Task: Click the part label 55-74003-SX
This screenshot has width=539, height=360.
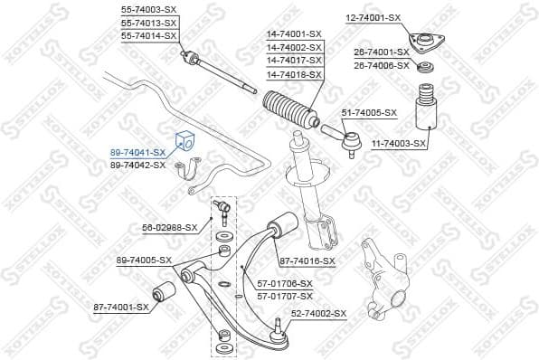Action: point(149,8)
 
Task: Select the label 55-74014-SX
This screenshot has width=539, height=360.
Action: point(149,35)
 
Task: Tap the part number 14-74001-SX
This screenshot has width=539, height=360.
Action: point(294,34)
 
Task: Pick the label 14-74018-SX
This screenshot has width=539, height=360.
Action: point(294,74)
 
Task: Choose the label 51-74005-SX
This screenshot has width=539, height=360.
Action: point(369,112)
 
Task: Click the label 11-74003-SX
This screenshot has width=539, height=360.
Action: point(398,143)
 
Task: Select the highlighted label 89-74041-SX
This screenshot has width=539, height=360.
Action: point(137,153)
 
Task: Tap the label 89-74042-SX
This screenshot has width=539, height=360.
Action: point(137,165)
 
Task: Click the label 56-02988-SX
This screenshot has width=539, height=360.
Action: point(169,227)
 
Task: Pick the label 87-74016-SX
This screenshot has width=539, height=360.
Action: point(307,261)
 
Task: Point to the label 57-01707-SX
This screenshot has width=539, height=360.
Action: point(285,295)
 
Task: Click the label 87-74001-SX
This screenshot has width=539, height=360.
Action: point(120,308)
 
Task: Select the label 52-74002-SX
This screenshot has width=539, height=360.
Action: point(318,313)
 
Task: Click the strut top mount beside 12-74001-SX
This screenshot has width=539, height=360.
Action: point(422,43)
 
